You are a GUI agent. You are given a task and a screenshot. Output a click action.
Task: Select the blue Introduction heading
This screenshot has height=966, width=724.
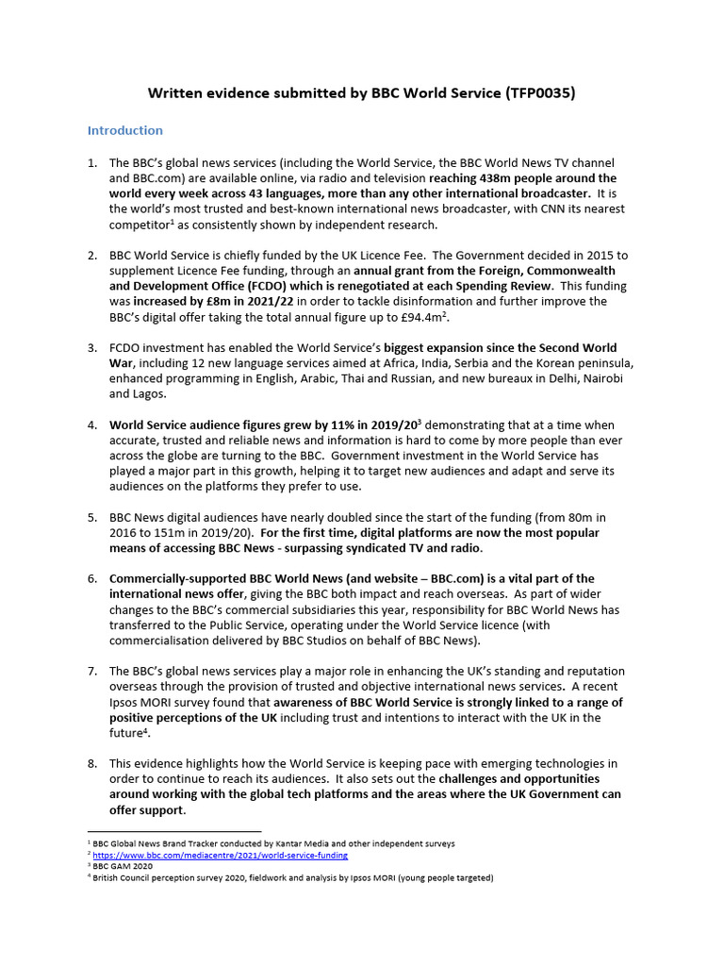click(125, 130)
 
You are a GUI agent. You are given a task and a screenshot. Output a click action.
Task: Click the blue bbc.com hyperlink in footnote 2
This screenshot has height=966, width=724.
click(220, 855)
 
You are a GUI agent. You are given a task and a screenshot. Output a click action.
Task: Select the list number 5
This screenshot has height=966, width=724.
click(92, 518)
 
